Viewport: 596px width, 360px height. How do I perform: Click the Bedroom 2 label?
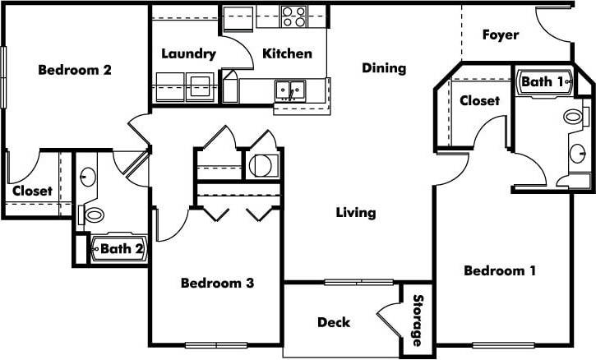(75, 70)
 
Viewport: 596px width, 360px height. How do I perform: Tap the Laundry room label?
(188, 54)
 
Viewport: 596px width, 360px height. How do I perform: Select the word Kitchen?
(287, 54)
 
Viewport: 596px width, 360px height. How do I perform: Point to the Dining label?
(384, 68)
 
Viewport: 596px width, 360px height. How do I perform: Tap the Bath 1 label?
(543, 82)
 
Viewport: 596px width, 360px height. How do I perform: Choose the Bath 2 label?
(121, 246)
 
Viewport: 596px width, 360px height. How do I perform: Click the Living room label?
(356, 213)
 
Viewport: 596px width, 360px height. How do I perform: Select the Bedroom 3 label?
(217, 284)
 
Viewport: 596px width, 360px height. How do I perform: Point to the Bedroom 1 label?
(500, 271)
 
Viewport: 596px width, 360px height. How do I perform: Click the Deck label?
(334, 322)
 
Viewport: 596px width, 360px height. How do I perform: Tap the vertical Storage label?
(417, 321)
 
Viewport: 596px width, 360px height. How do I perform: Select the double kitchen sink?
(290, 87)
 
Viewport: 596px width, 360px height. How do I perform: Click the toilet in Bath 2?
(95, 215)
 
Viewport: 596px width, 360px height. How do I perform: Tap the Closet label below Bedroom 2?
(32, 191)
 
